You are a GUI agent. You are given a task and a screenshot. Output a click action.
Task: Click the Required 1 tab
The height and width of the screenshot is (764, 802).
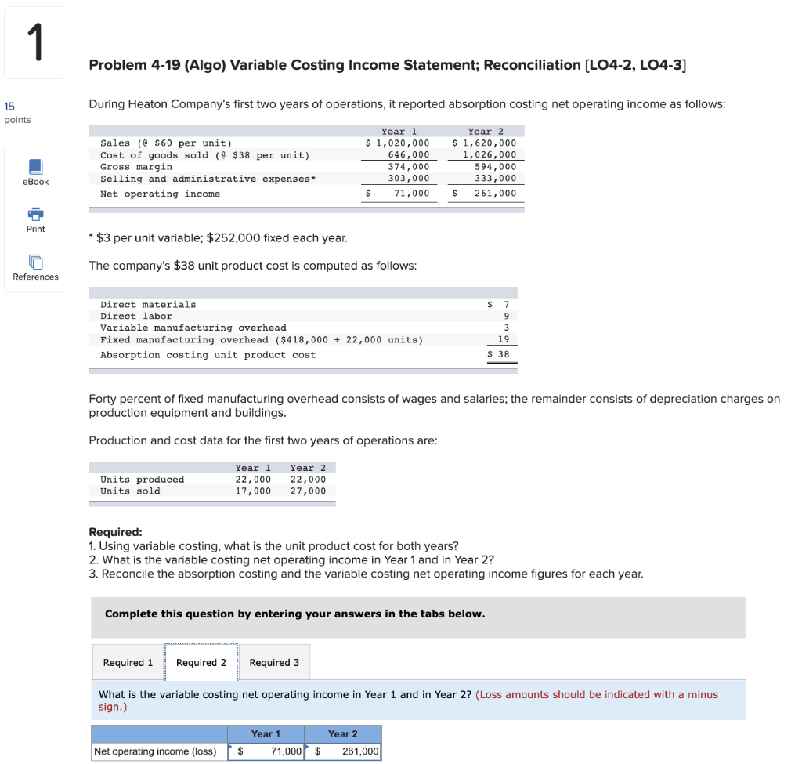coord(128,663)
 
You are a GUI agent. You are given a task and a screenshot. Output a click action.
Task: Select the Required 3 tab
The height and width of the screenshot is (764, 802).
coord(274,663)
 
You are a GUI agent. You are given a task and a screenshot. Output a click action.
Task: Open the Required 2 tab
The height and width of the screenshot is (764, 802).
coord(201,663)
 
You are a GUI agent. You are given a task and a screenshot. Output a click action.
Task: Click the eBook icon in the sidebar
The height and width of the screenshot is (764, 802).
coord(35,168)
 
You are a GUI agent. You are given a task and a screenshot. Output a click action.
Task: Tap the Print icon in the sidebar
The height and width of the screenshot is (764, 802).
coord(35,215)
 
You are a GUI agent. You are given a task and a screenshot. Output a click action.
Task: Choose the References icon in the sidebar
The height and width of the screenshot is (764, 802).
coord(35,263)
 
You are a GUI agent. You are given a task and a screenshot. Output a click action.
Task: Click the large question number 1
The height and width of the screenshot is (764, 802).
coord(35,43)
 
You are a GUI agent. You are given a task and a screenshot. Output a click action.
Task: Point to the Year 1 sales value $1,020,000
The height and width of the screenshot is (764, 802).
coord(398,143)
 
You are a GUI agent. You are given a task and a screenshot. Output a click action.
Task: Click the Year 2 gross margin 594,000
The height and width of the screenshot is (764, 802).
coord(495,167)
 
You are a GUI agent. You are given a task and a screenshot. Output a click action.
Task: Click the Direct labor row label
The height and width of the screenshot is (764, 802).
coord(136,316)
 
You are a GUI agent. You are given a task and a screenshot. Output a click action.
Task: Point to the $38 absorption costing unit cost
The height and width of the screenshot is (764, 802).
coord(499,355)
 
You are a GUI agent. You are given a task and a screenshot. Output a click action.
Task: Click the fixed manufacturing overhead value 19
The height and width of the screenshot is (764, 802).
coord(504,339)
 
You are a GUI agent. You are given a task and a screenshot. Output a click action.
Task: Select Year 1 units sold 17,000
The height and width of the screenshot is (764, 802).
coord(253,491)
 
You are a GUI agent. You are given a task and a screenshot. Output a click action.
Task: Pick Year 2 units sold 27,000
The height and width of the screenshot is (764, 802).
coord(308,491)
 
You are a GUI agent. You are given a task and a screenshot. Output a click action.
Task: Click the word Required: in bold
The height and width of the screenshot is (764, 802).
coord(115,532)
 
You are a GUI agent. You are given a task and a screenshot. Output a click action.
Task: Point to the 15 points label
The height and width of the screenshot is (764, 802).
coord(17,112)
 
